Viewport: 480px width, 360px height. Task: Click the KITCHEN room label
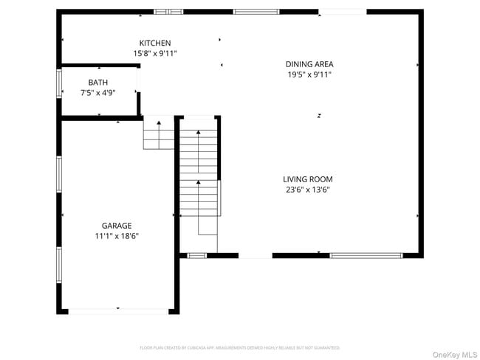[x=155, y=44]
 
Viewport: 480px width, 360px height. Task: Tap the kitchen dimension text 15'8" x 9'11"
[x=155, y=54]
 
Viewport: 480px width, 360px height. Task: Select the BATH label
[x=97, y=83]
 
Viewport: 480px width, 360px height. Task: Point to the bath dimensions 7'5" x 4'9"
[x=97, y=93]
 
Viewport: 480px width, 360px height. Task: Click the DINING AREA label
[x=309, y=64]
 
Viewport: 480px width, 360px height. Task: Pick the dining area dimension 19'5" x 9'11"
[x=309, y=75]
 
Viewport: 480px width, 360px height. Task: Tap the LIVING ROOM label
[x=308, y=179]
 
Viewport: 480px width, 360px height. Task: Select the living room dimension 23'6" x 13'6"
[x=308, y=190]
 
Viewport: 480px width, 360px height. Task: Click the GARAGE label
[x=117, y=226]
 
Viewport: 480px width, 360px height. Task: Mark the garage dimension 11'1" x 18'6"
[x=117, y=236]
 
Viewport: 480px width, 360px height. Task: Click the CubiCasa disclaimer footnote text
[x=240, y=347]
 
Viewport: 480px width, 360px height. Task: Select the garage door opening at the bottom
[x=118, y=311]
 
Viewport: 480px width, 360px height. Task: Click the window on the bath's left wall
[x=60, y=83]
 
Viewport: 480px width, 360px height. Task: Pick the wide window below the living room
[x=366, y=255]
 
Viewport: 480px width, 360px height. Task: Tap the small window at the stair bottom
[x=196, y=255]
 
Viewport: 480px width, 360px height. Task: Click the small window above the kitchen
[x=168, y=12]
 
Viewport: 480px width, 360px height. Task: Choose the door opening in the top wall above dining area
[x=342, y=12]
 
